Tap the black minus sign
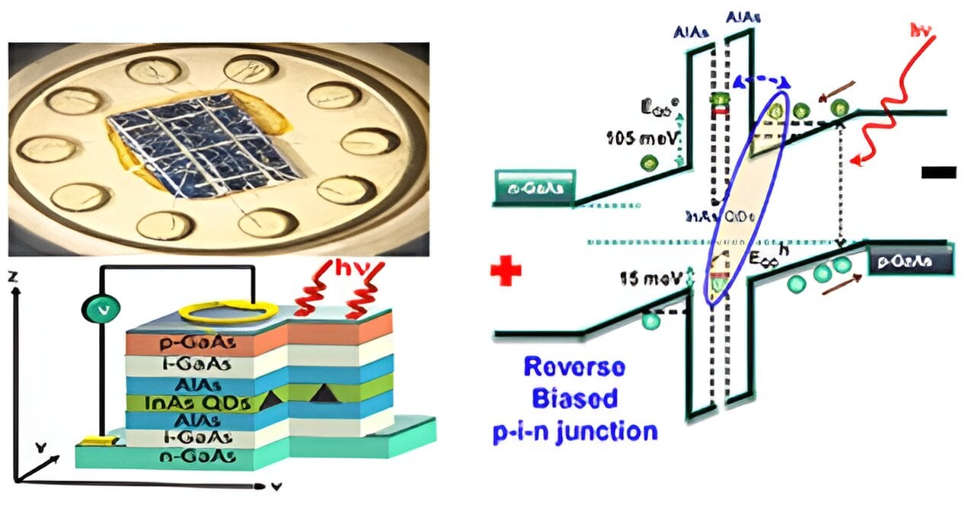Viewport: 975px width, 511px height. (938, 172)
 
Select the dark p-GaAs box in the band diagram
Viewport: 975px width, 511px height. (910, 261)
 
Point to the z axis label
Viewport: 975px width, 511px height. (11, 279)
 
